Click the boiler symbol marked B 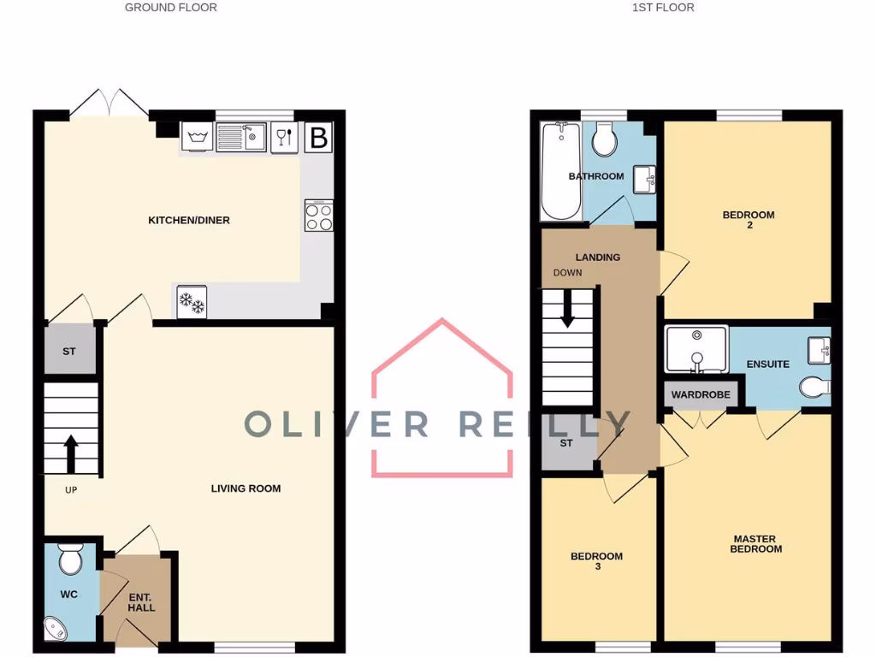[318, 138]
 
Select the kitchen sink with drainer [240, 138]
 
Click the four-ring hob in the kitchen [319, 216]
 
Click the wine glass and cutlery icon [285, 138]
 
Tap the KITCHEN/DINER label [189, 221]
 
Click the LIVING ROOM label [246, 488]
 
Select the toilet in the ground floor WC [69, 561]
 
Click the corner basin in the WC [57, 629]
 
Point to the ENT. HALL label [141, 601]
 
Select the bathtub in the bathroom [560, 170]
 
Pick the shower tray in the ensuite [696, 349]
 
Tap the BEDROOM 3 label [596, 561]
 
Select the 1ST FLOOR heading [663, 8]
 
